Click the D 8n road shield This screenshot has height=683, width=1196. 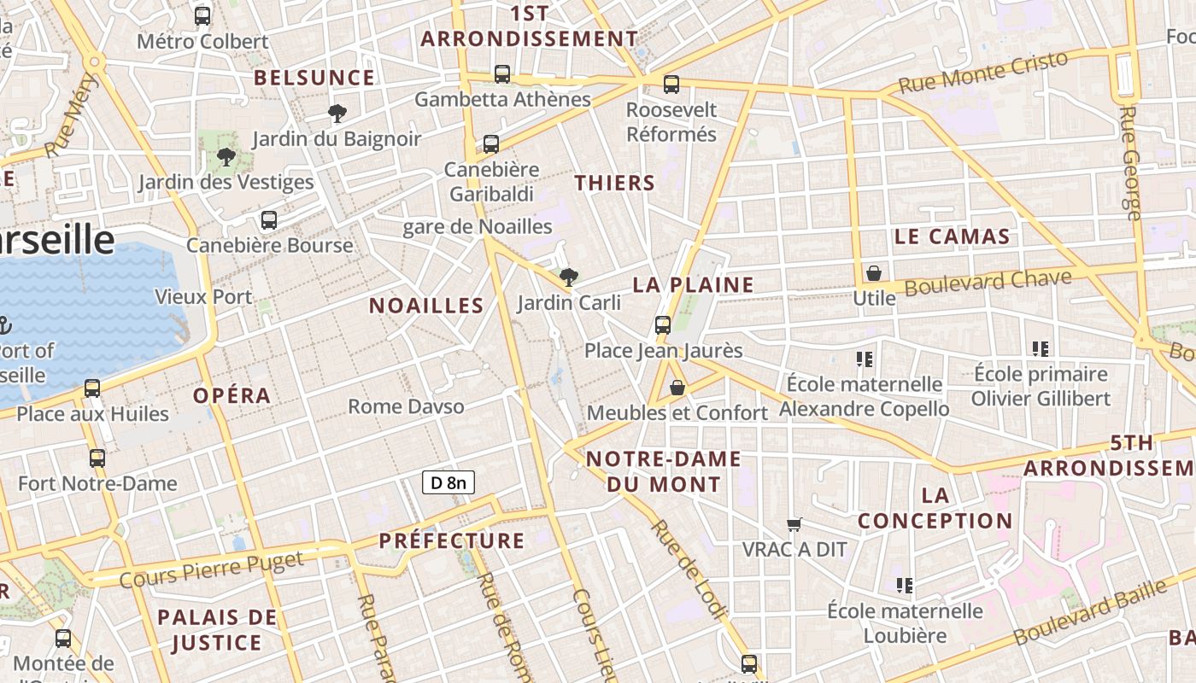448,483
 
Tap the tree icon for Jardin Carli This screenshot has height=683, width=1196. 568,277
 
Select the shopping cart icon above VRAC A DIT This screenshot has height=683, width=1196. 794,524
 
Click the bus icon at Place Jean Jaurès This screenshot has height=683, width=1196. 663,325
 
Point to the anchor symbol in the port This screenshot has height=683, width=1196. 3,324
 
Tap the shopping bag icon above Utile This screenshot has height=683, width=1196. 874,274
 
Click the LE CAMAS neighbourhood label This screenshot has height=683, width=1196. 952,236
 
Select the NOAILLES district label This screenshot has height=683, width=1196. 426,306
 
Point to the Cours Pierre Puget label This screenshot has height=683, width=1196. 211,570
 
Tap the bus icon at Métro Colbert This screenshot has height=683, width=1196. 202,15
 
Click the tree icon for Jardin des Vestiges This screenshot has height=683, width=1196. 226,156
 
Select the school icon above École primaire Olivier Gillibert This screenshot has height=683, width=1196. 1041,348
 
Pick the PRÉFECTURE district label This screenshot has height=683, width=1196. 452,540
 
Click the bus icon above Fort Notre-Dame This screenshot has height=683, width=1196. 97,458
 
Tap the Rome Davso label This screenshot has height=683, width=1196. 406,406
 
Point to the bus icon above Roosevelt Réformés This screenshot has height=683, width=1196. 671,84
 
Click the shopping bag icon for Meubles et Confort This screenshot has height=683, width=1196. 677,388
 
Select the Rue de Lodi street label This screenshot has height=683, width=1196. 689,568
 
